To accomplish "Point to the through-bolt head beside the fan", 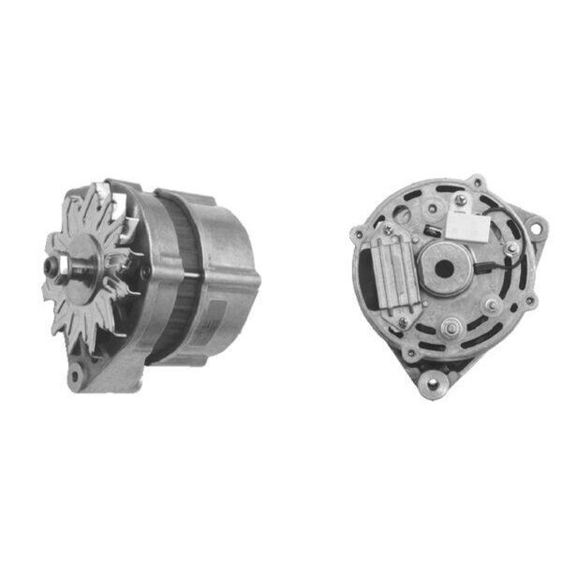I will tap(146, 273).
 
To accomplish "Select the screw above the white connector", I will tap(460, 200).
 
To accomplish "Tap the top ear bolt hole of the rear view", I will tap(479, 182).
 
